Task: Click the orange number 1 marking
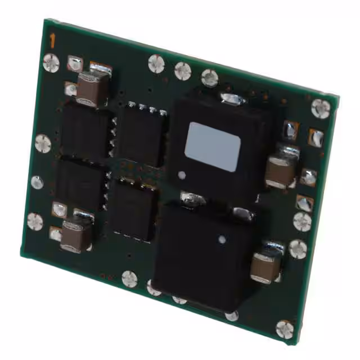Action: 52,40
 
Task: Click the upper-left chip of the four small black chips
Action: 85,130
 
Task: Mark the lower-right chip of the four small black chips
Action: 133,207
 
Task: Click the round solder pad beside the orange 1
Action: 51,62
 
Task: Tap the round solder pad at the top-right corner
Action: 321,107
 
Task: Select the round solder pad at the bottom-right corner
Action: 285,328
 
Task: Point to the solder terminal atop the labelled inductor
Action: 233,99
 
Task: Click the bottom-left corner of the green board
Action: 21,255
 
